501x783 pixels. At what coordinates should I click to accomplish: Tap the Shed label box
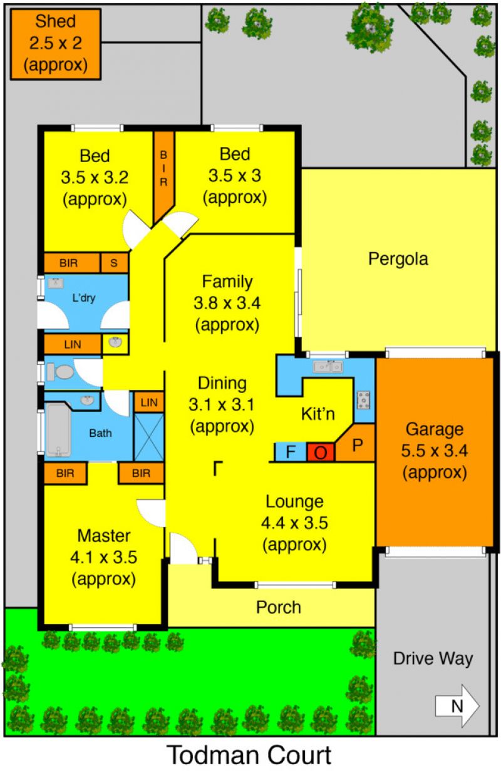[56, 44]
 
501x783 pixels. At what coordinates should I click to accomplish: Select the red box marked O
[321, 453]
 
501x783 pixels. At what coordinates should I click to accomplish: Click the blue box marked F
[291, 452]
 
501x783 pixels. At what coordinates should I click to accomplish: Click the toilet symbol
[60, 372]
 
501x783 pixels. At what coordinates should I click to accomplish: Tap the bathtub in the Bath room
[59, 430]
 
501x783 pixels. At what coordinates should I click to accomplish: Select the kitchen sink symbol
[328, 366]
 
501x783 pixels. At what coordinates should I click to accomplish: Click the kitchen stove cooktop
[363, 400]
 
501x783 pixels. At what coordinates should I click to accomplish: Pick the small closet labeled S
[114, 263]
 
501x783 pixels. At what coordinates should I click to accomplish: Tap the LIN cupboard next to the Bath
[149, 402]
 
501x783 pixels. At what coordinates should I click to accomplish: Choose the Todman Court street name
[250, 755]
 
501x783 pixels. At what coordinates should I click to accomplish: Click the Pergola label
[398, 259]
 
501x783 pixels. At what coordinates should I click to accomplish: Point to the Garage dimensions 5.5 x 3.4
[435, 451]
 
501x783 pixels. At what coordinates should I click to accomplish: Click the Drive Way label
[433, 659]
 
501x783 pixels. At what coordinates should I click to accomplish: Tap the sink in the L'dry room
[56, 283]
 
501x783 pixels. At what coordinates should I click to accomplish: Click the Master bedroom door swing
[151, 513]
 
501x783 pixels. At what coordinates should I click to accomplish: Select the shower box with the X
[149, 438]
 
